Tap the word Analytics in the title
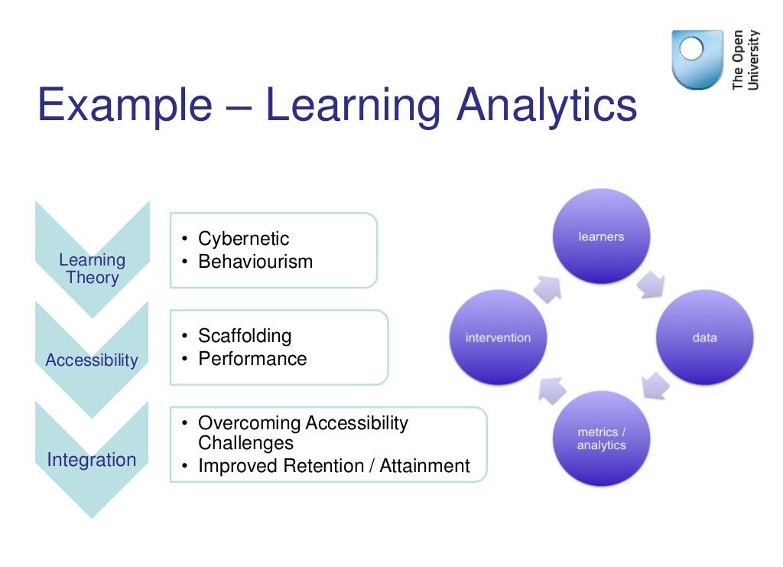pos(546,106)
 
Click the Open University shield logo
pos(697,60)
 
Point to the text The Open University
pos(746,60)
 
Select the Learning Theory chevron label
pos(92,269)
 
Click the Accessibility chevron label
pos(92,360)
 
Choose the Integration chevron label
pos(92,460)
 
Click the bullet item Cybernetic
pos(243,239)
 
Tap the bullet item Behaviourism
pos(255,262)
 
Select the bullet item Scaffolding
pos(245,336)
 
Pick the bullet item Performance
pos(252,359)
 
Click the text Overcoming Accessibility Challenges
pos(302,433)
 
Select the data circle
pos(704,337)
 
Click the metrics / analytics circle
pos(601,438)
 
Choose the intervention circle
pos(498,337)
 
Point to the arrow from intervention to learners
pos(547,288)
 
